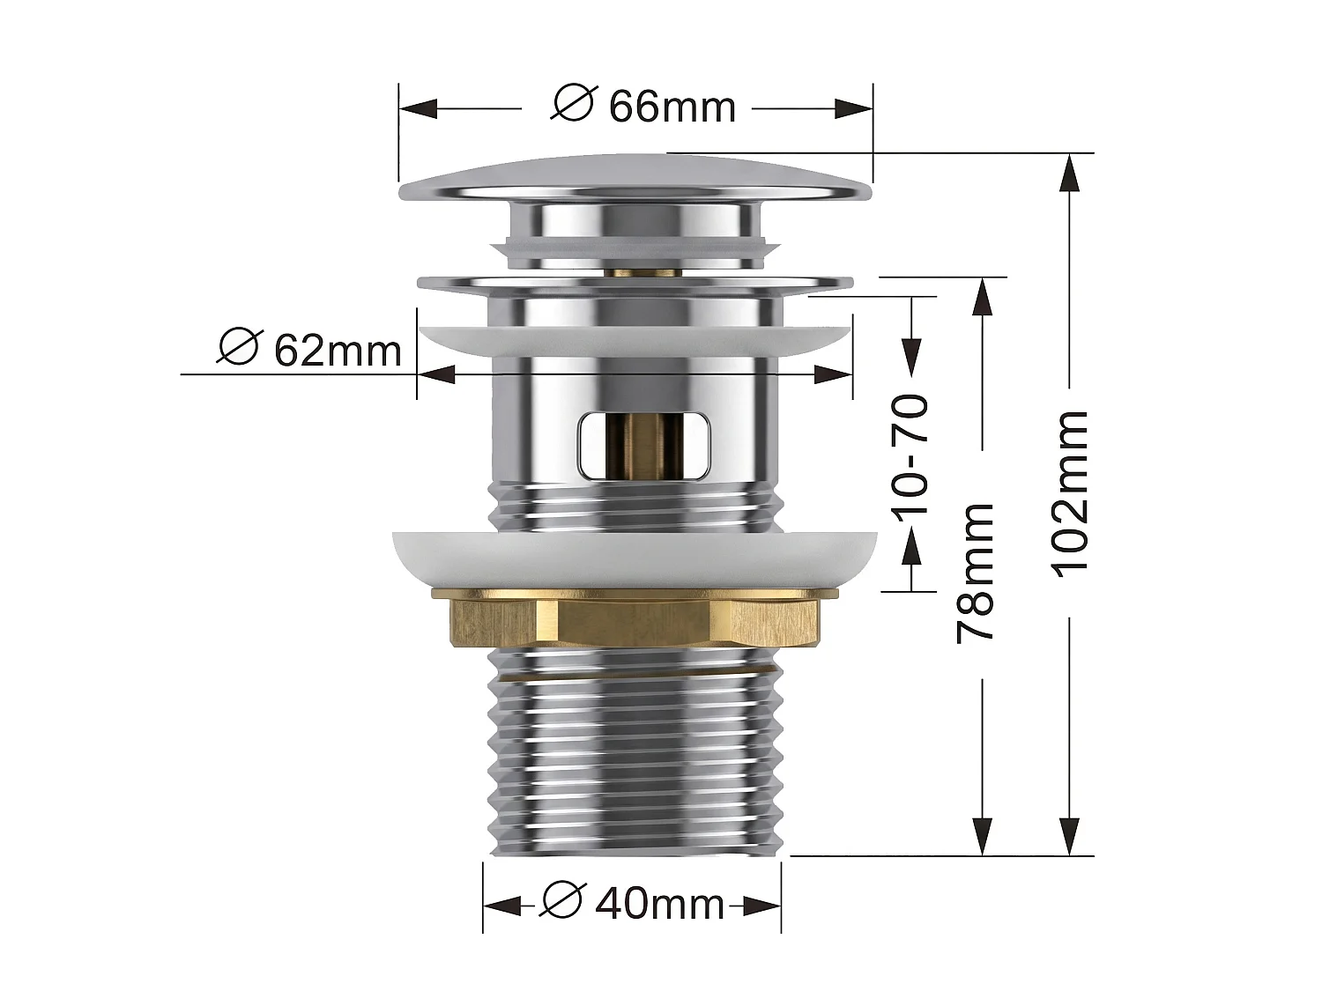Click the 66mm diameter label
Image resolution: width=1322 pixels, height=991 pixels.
(x=643, y=107)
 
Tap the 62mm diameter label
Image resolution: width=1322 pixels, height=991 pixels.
(x=309, y=349)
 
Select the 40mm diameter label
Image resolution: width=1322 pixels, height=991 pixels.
(x=632, y=903)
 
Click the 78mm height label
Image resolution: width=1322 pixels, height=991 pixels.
(x=975, y=573)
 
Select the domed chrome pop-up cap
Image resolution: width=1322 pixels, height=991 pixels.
(x=635, y=178)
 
